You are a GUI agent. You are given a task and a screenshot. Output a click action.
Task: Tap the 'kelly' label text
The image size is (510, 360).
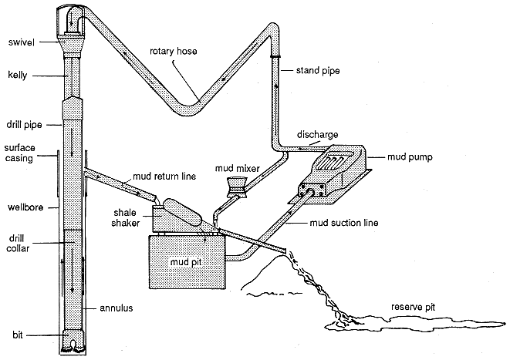coord(18,76)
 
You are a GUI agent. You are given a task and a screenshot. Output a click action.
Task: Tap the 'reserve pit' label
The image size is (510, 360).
coord(413,307)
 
